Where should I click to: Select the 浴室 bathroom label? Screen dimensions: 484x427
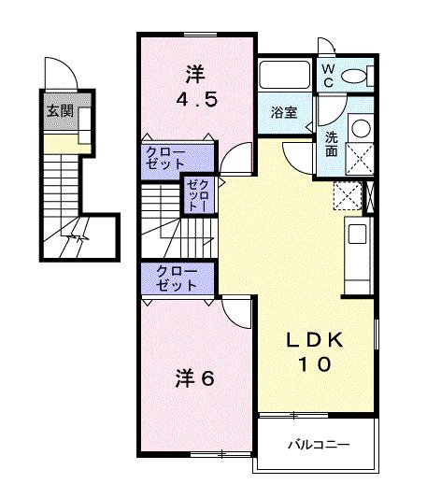click(x=284, y=112)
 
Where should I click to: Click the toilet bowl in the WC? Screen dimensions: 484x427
click(x=357, y=77)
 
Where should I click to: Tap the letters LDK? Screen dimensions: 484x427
click(x=315, y=342)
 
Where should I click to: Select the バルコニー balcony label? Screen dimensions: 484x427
click(x=318, y=445)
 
